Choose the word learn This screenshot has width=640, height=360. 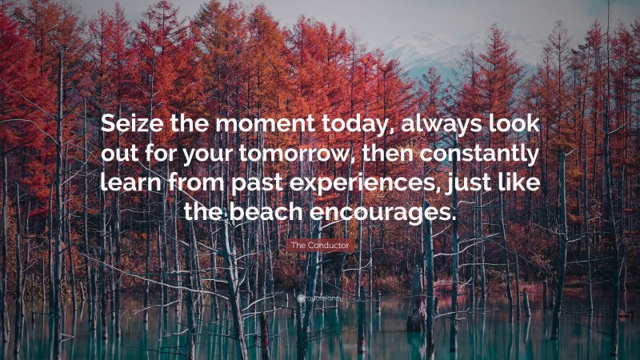[x=127, y=183]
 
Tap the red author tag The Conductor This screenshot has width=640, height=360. [x=320, y=246]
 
